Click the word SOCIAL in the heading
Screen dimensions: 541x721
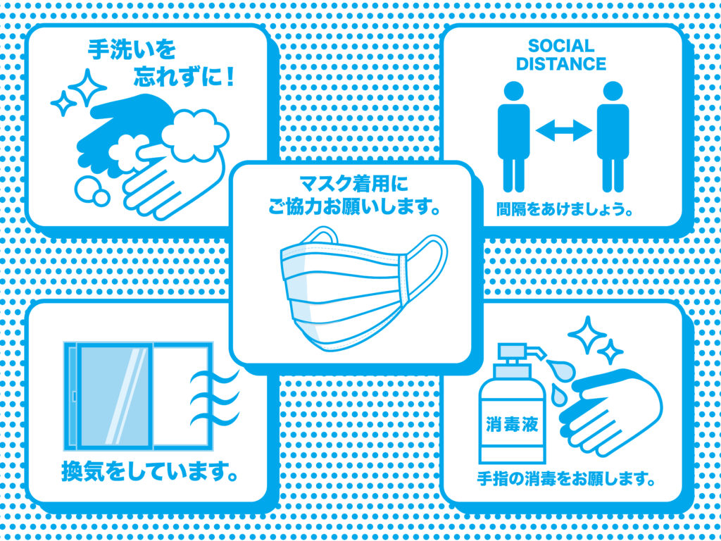561,46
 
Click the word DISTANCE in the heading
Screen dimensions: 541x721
561,64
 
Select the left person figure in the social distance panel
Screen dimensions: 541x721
514,137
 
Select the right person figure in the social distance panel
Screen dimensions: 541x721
613,137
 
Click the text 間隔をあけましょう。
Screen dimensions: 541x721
563,209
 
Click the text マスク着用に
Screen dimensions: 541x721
353,185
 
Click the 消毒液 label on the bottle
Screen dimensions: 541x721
511,425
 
